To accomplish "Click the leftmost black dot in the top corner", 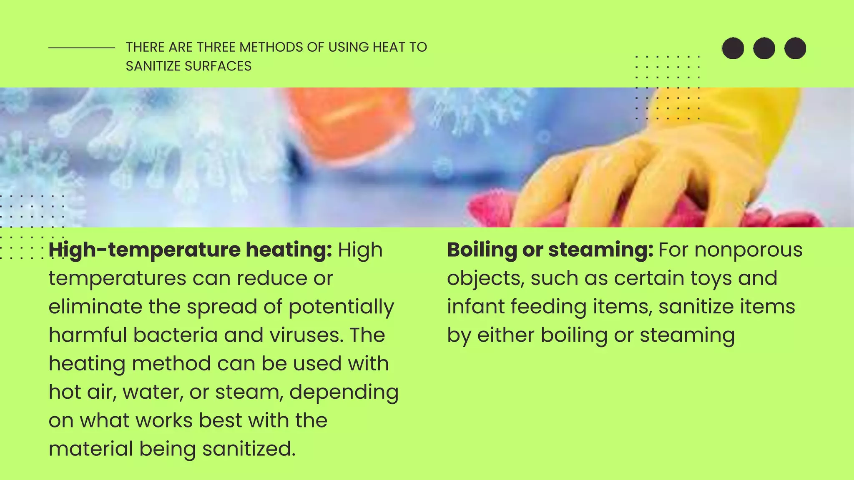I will pos(733,48).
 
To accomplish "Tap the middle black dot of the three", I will pos(764,48).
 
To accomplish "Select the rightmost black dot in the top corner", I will pos(795,48).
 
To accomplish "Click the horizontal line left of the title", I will pos(82,48).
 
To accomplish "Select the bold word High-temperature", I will pos(144,250).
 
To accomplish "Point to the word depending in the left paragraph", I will pos(344,392).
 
